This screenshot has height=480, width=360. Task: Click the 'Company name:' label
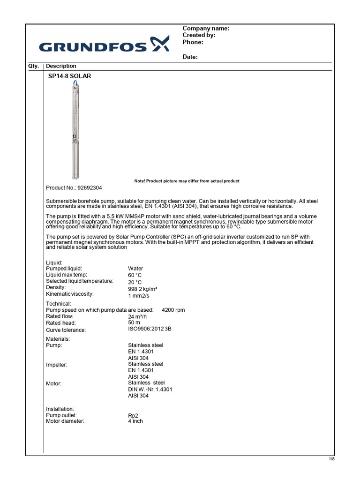(205, 29)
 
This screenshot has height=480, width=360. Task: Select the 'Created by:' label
(199, 35)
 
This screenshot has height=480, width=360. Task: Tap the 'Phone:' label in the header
(193, 42)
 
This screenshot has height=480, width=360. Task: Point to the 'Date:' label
(190, 57)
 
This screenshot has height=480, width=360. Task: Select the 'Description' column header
(61, 66)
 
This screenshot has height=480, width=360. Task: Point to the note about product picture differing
(187, 181)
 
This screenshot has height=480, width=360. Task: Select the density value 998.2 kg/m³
(142, 289)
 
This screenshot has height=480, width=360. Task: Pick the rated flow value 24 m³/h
(138, 316)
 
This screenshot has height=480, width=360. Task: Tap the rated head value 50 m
(134, 323)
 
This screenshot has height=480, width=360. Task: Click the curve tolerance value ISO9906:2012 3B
(150, 329)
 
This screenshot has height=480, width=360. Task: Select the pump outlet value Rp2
(133, 415)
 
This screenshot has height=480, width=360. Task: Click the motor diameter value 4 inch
(135, 421)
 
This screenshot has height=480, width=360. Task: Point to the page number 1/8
(331, 458)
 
